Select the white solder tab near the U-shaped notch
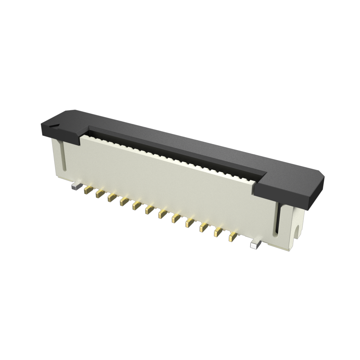click(x=255, y=244)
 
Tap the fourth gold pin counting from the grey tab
click(x=124, y=201)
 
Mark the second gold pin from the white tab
click(x=218, y=232)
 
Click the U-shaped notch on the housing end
click(x=297, y=232)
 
